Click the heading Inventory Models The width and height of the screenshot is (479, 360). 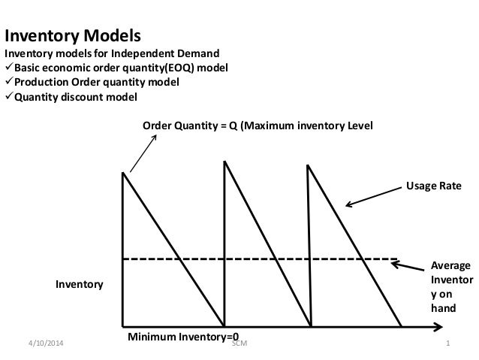click(x=73, y=36)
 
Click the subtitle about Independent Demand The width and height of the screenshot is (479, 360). click(x=113, y=54)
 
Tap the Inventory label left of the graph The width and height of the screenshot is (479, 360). click(x=79, y=285)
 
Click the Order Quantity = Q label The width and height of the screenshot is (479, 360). click(x=258, y=125)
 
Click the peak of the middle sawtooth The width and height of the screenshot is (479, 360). click(x=224, y=164)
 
